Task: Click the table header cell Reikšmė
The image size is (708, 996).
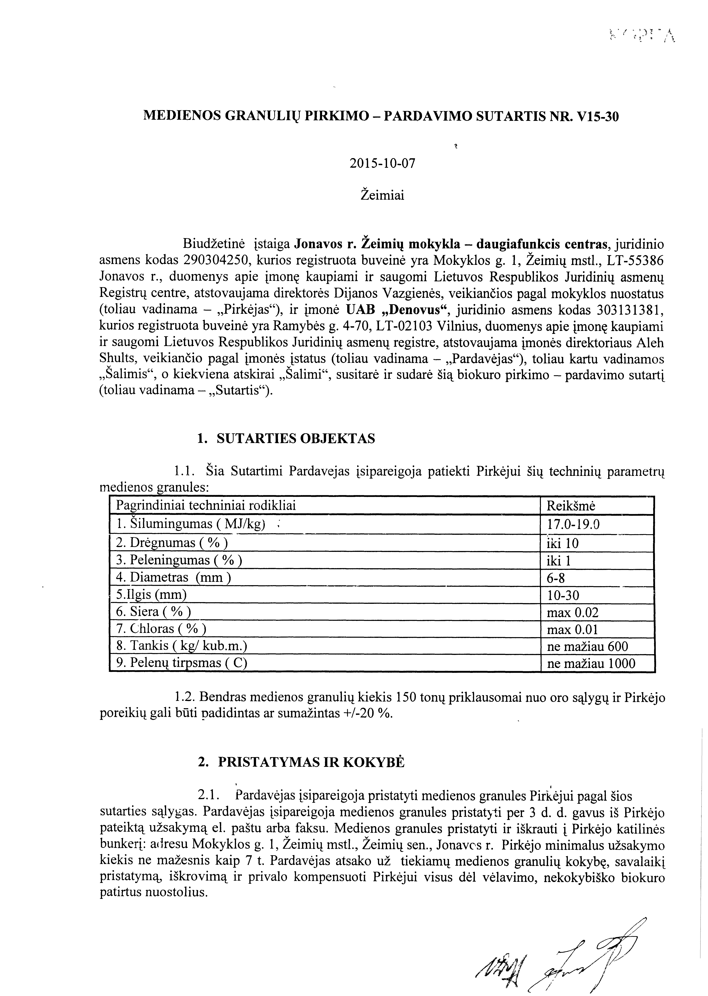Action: [571, 506]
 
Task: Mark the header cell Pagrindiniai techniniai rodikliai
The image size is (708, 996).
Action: [206, 506]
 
